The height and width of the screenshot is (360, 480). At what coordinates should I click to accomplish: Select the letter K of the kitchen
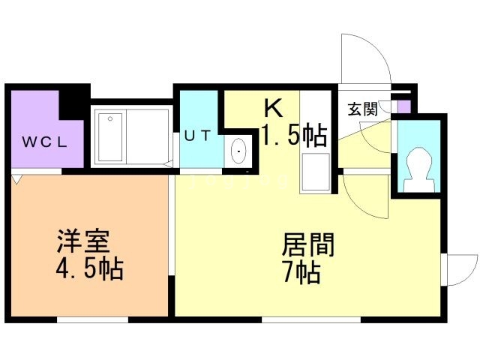pyautogui.click(x=272, y=109)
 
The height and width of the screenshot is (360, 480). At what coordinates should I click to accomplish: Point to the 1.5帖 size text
pyautogui.click(x=293, y=135)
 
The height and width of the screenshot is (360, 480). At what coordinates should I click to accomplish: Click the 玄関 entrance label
pyautogui.click(x=361, y=109)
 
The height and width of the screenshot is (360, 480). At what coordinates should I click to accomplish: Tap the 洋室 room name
pyautogui.click(x=84, y=243)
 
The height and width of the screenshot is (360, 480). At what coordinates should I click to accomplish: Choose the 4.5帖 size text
pyautogui.click(x=89, y=267)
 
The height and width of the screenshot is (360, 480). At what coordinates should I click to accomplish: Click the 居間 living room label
pyautogui.click(x=307, y=245)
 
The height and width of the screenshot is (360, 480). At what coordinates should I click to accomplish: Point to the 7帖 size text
pyautogui.click(x=301, y=271)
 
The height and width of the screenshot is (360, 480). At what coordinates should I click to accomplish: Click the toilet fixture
pyautogui.click(x=417, y=169)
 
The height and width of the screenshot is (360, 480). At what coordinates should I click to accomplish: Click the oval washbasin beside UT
pyautogui.click(x=239, y=151)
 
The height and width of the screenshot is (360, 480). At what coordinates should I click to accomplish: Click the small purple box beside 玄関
pyautogui.click(x=403, y=106)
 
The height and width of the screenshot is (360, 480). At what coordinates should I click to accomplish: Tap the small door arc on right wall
pyautogui.click(x=459, y=268)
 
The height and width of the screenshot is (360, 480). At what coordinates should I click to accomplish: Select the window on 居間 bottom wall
pyautogui.click(x=309, y=319)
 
